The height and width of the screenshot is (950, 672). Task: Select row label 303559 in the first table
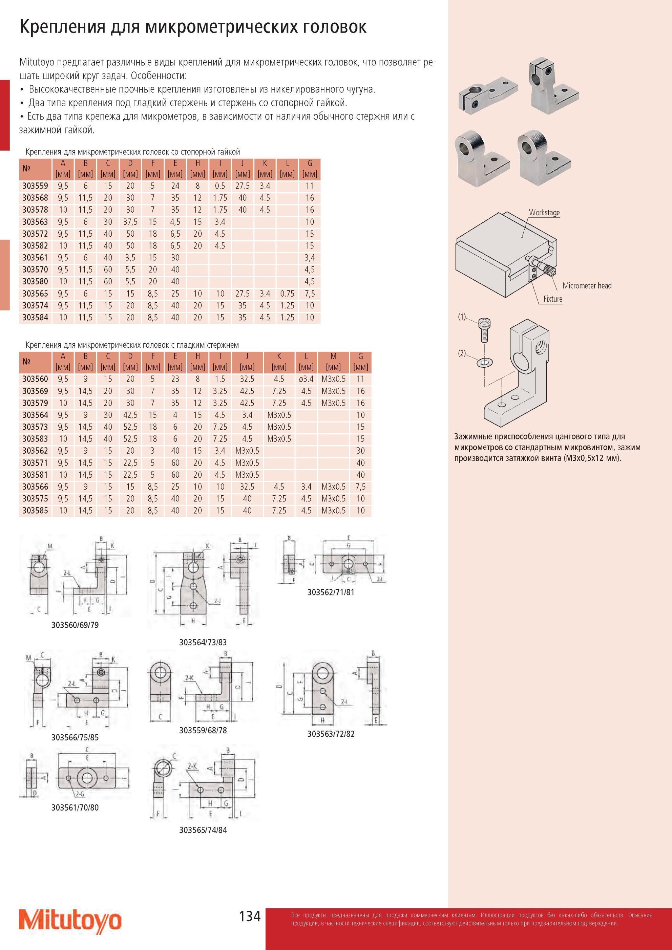pyautogui.click(x=35, y=186)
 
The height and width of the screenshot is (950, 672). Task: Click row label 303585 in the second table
pyautogui.click(x=35, y=511)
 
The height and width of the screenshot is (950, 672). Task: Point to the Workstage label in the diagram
pyautogui.click(x=544, y=213)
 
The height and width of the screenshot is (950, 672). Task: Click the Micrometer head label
pyautogui.click(x=587, y=285)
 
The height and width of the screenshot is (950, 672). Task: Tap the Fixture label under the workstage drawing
pyautogui.click(x=553, y=299)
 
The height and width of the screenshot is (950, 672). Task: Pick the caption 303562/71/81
pyautogui.click(x=331, y=592)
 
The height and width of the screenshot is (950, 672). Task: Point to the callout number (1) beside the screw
pyautogui.click(x=462, y=317)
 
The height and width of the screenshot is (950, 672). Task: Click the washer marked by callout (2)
pyautogui.click(x=483, y=363)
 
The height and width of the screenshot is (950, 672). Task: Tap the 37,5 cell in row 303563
pyautogui.click(x=130, y=222)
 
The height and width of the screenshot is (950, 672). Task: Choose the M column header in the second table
pyautogui.click(x=333, y=356)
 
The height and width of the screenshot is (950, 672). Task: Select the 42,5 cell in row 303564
pyautogui.click(x=130, y=415)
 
